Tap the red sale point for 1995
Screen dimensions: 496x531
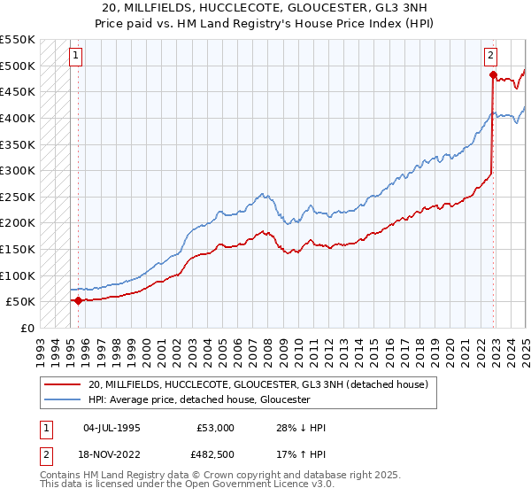tap(78, 300)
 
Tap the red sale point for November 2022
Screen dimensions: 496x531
tap(494, 74)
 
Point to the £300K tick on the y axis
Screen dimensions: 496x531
tap(19, 170)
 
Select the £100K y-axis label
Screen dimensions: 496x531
tap(19, 275)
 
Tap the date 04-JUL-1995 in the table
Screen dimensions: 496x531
tap(112, 428)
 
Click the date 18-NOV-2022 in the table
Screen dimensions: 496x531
tap(113, 456)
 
